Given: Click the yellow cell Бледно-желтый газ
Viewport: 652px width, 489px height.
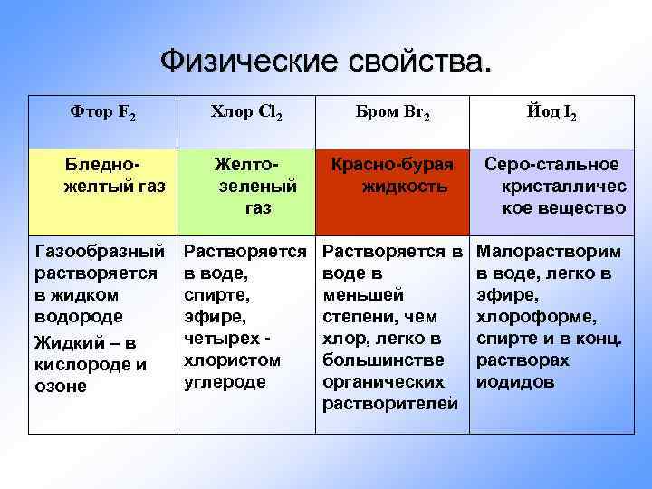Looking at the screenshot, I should (x=102, y=175).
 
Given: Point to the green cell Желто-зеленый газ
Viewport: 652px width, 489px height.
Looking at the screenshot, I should (x=245, y=186).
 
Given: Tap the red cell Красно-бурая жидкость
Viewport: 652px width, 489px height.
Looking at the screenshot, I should (x=392, y=175).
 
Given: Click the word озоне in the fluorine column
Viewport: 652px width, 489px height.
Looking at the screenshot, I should (x=60, y=387).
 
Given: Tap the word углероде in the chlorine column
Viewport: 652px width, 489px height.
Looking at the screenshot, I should (x=225, y=381).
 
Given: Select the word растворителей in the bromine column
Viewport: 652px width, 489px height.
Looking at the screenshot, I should (x=390, y=403).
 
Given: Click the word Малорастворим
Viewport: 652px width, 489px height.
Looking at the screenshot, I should (x=549, y=251).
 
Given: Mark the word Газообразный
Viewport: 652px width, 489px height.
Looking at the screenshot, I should (x=99, y=251).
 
